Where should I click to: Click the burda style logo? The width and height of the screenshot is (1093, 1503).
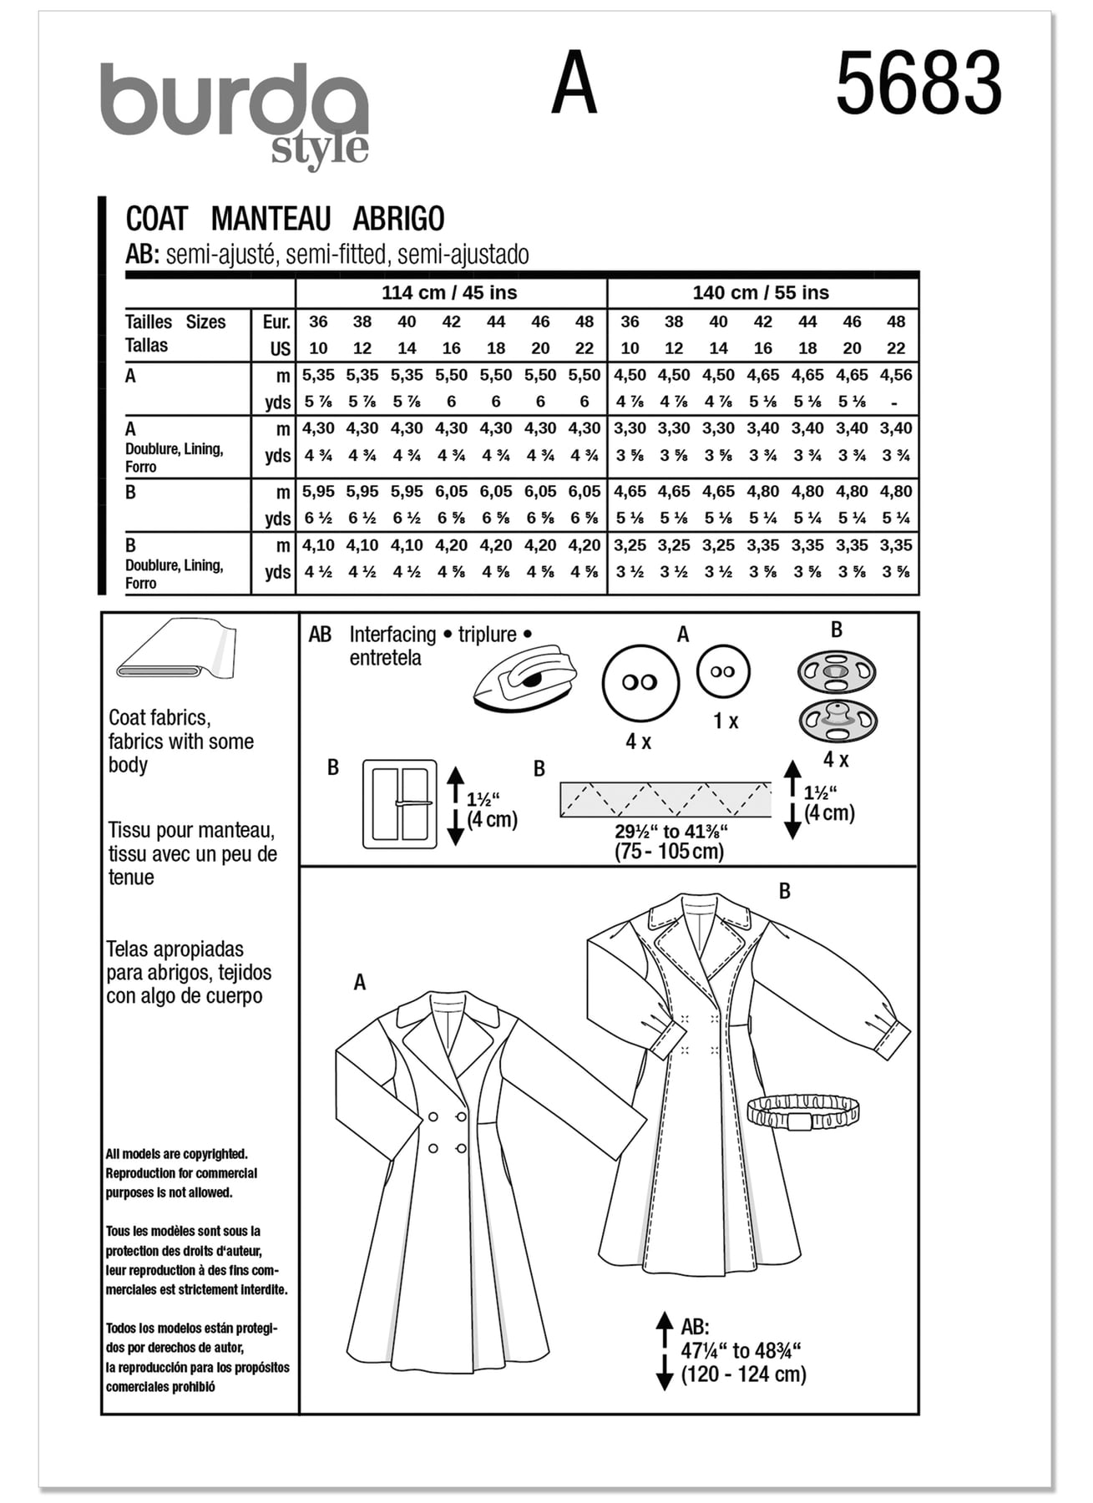click(235, 113)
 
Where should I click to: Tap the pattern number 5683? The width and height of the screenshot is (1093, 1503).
click(918, 83)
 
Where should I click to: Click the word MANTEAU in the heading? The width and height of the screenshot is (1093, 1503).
click(271, 219)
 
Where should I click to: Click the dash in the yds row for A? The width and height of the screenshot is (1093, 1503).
click(895, 402)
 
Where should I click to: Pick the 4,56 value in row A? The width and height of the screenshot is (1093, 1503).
click(896, 376)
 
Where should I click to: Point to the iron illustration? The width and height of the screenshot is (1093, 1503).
click(525, 678)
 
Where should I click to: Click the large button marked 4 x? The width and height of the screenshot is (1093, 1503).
click(640, 682)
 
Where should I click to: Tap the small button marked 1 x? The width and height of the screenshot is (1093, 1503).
click(723, 671)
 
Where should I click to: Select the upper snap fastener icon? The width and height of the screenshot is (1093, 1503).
click(837, 671)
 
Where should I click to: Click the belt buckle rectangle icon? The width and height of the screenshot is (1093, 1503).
click(400, 804)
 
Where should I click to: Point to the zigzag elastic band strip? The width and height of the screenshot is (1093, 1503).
click(665, 800)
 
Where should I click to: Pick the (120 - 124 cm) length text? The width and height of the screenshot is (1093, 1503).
click(743, 1374)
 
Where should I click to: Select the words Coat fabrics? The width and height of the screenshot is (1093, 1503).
click(159, 717)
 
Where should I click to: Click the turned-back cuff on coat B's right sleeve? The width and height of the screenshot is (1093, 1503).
click(893, 1040)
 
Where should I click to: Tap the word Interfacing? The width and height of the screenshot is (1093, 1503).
click(392, 635)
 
